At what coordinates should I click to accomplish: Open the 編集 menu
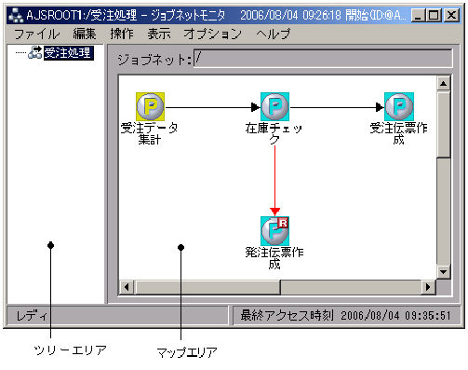point(85,34)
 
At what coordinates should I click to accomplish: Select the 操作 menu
point(121,34)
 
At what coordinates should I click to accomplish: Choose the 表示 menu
point(158,34)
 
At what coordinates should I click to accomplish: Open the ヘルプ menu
point(273,34)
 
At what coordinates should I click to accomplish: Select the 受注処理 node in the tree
point(69,53)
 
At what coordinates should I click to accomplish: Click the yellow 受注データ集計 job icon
point(150,106)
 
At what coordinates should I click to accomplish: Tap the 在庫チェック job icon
point(274,106)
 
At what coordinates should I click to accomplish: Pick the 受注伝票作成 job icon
point(399,106)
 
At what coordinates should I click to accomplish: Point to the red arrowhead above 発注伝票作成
point(274,210)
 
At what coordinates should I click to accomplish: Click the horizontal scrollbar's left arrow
point(127,287)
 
